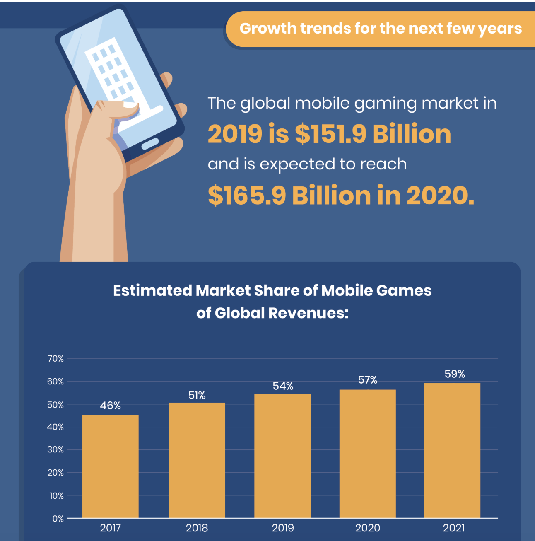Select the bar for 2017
[x=110, y=466]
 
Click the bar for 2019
[x=282, y=456]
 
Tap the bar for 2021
[x=452, y=450]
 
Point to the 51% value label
[x=197, y=396]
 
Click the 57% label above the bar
[x=368, y=380]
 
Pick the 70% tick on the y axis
[x=55, y=358]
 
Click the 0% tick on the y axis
[x=58, y=519]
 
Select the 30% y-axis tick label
[x=55, y=449]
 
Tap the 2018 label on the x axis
[x=197, y=528]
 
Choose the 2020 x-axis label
[x=368, y=528]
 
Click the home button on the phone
[x=150, y=144]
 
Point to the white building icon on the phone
[x=120, y=82]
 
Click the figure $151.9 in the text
[x=331, y=134]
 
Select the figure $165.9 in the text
[x=247, y=196]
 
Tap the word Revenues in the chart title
[x=308, y=313]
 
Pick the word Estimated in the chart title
[x=152, y=290]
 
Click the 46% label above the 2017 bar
[x=110, y=406]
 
